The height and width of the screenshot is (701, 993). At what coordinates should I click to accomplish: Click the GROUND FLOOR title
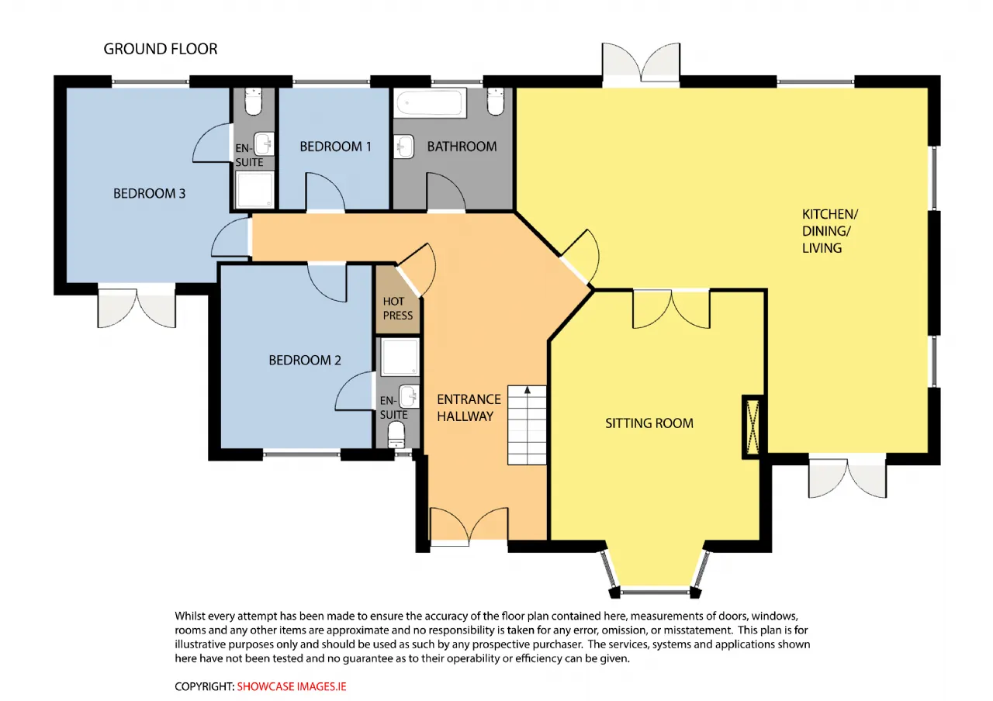[x=161, y=49]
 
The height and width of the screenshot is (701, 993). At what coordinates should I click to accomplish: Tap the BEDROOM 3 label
[x=150, y=193]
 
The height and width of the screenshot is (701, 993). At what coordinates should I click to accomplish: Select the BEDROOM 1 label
[x=336, y=147]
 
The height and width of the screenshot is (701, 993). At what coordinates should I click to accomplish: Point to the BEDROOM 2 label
[x=305, y=360]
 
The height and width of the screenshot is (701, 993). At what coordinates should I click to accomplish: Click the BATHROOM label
[x=462, y=147]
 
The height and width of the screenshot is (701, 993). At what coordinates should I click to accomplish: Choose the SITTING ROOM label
[x=649, y=423]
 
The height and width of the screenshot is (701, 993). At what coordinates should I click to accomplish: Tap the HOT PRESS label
[x=398, y=309]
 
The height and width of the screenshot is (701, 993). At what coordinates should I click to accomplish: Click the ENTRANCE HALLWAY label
[x=469, y=408]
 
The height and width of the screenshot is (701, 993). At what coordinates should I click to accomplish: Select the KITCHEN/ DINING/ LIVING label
[x=830, y=231]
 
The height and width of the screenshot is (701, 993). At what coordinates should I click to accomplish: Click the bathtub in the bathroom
[x=430, y=103]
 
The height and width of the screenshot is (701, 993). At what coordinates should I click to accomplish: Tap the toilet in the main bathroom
[x=496, y=102]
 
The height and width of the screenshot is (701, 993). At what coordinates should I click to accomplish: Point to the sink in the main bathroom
[x=404, y=147]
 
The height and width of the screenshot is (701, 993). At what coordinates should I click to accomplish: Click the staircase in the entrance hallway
[x=527, y=425]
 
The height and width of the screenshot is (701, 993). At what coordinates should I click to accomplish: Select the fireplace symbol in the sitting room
[x=753, y=426]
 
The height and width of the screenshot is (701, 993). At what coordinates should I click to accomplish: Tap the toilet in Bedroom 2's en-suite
[x=396, y=435]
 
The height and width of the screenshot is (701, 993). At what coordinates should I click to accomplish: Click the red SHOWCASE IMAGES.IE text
[x=291, y=686]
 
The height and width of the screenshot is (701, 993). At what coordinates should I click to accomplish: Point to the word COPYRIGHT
[x=204, y=686]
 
